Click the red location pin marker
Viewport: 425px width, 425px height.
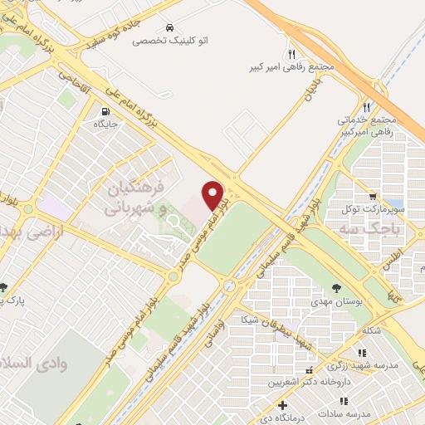click(213, 196)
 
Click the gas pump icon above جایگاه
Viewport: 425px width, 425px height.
click(104, 112)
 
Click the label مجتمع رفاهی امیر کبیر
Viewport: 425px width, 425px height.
click(291, 67)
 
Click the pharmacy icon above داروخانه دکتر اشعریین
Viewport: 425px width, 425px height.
click(309, 371)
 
